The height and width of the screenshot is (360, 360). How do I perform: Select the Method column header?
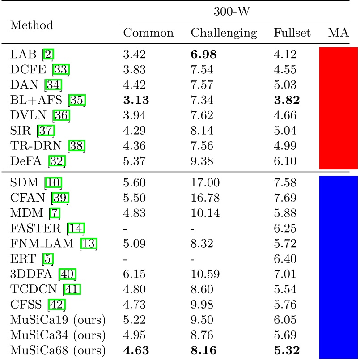(31, 25)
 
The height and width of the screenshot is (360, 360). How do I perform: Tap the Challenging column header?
(224, 33)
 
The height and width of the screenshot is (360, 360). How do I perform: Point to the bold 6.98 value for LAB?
(204, 55)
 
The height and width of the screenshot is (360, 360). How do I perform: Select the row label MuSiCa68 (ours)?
(58, 349)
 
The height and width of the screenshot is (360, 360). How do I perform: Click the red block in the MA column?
(338, 108)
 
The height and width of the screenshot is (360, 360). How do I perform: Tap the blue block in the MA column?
(338, 267)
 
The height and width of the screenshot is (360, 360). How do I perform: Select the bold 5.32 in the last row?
(287, 349)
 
